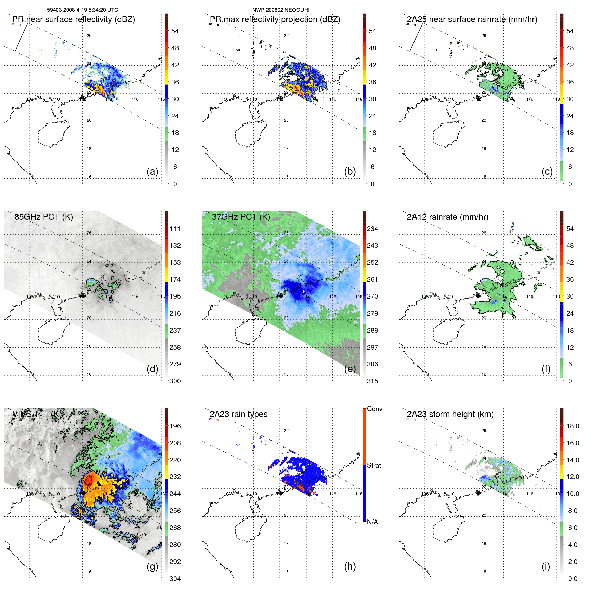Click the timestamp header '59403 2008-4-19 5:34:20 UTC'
click(x=82, y=10)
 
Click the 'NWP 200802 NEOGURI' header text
click(x=280, y=10)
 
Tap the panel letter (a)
click(x=152, y=171)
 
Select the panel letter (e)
click(x=350, y=369)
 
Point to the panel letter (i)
click(x=546, y=566)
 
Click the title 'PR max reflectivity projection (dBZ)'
click(x=275, y=19)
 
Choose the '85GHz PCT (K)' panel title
click(x=43, y=217)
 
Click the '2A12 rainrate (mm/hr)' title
click(x=447, y=217)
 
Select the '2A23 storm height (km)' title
click(x=450, y=414)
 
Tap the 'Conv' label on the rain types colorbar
click(x=374, y=409)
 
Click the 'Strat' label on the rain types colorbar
click(x=374, y=465)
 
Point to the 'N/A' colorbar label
click(x=372, y=522)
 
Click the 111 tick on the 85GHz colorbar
click(x=175, y=229)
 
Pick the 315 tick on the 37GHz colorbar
click(x=372, y=381)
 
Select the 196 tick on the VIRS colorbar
click(x=175, y=426)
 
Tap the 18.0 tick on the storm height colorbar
click(x=572, y=426)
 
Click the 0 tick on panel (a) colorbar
click(x=175, y=184)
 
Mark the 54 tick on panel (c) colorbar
click(x=570, y=31)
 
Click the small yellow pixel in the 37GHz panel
click(x=304, y=292)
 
